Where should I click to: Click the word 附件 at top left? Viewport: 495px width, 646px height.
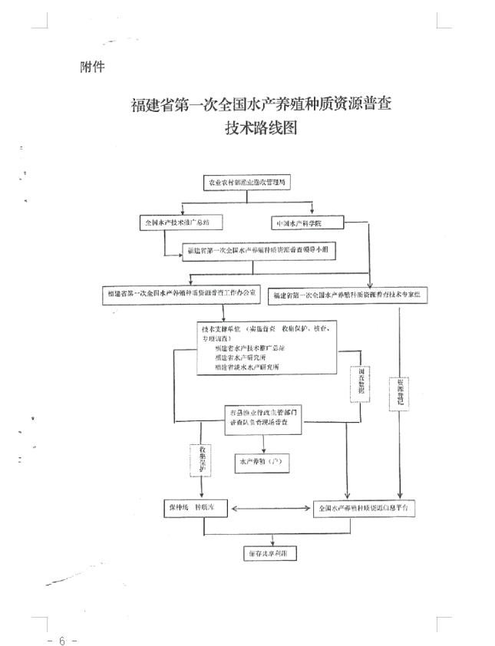[92, 67]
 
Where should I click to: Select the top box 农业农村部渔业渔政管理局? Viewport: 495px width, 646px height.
[249, 183]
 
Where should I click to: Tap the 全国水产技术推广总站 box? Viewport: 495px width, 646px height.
[177, 222]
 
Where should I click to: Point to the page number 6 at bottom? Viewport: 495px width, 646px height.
[62, 638]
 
